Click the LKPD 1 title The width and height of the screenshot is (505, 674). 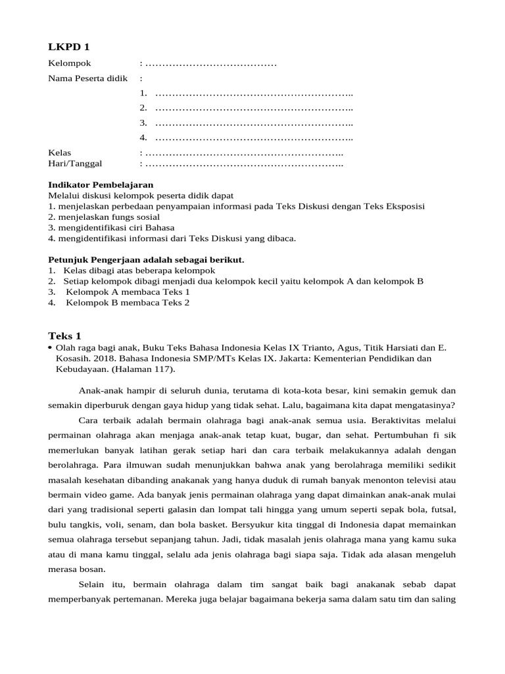tap(68, 47)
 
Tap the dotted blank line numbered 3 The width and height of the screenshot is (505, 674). tap(254, 123)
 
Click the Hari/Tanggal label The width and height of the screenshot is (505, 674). tap(75, 163)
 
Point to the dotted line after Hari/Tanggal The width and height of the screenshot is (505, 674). tap(244, 163)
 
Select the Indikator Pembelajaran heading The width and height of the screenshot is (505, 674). tap(101, 185)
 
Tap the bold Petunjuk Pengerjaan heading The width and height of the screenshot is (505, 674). tap(147, 260)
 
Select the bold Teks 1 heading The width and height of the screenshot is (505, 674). tap(64, 335)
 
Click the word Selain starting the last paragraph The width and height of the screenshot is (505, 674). tap(93, 584)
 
